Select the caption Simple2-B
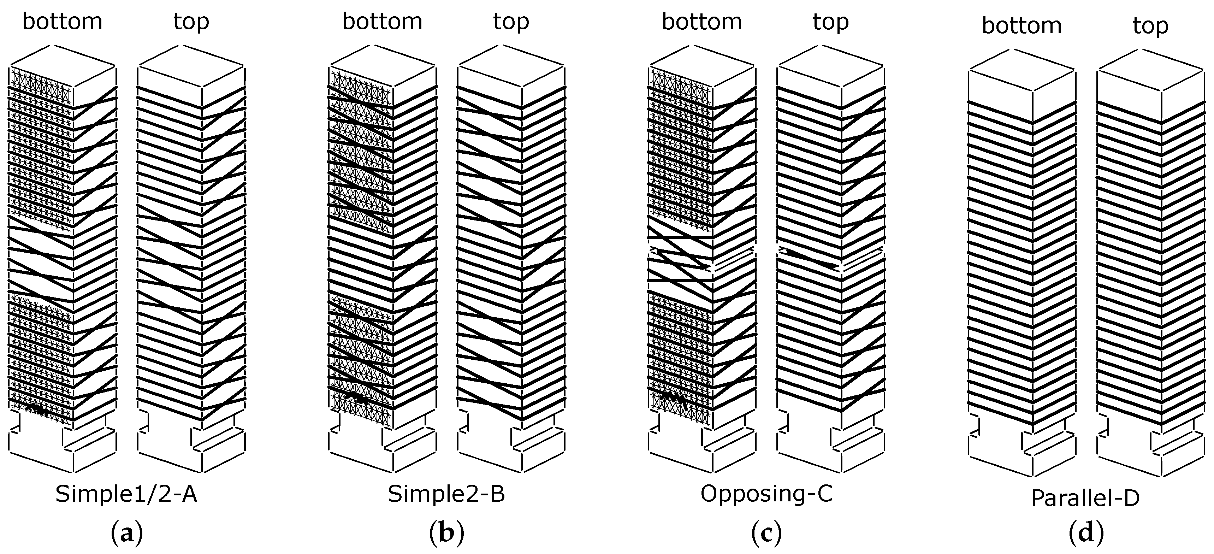coord(446,494)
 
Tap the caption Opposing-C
coord(766,494)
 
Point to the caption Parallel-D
coord(1086,498)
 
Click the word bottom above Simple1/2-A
coord(62,22)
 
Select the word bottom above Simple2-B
coord(382,22)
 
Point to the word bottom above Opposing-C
coord(702,22)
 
